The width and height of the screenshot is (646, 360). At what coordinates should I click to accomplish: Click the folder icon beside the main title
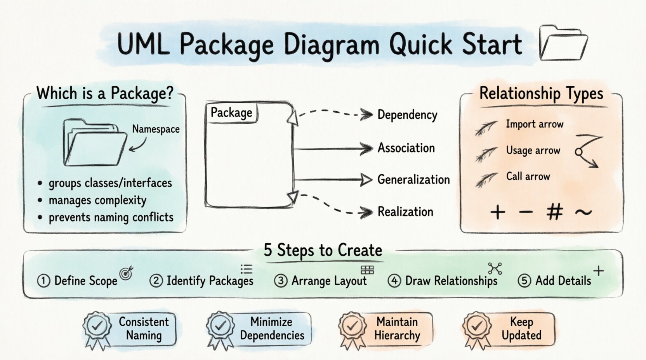pyautogui.click(x=563, y=43)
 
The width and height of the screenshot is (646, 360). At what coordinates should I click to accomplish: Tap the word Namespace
pyautogui.click(x=156, y=129)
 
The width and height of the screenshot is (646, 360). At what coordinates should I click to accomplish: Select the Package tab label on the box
pyautogui.click(x=231, y=113)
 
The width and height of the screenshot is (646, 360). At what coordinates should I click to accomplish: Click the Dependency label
pyautogui.click(x=407, y=115)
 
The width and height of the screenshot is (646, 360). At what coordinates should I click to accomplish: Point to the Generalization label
pyautogui.click(x=413, y=180)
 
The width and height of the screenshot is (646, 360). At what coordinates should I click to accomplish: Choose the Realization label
pyautogui.click(x=405, y=212)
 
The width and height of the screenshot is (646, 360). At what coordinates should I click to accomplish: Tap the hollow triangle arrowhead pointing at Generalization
pyautogui.click(x=366, y=180)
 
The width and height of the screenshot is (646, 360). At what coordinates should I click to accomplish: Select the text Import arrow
pyautogui.click(x=534, y=124)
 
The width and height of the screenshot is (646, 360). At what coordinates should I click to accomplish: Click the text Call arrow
pyautogui.click(x=528, y=177)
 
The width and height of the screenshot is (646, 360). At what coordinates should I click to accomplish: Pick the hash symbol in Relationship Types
pyautogui.click(x=554, y=212)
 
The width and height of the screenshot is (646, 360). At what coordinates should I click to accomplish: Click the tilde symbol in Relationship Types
pyautogui.click(x=583, y=212)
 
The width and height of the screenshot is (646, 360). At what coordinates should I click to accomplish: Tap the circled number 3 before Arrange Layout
pyautogui.click(x=281, y=280)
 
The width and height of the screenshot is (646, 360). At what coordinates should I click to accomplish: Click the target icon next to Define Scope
pyautogui.click(x=127, y=273)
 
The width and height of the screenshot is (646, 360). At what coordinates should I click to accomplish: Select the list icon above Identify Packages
pyautogui.click(x=246, y=269)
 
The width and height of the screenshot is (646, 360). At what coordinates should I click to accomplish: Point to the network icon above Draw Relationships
pyautogui.click(x=495, y=268)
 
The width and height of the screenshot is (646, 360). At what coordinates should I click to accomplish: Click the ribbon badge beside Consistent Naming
pyautogui.click(x=96, y=329)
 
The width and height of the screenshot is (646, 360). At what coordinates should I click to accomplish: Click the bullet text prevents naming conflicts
pyautogui.click(x=111, y=217)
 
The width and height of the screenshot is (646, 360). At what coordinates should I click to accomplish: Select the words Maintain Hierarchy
pyautogui.click(x=397, y=329)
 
